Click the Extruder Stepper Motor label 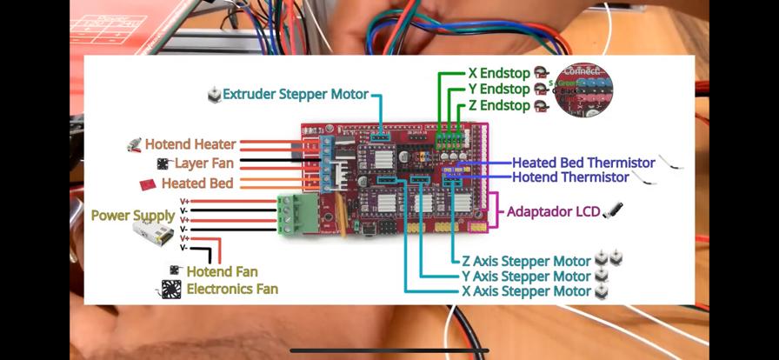click(295, 94)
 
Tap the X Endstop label click(498, 73)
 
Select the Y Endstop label click(498, 89)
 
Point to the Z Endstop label click(498, 105)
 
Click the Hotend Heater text click(190, 144)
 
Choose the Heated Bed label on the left click(196, 183)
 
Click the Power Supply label click(132, 215)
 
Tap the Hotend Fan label click(222, 272)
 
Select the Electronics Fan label click(232, 289)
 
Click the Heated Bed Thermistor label click(583, 163)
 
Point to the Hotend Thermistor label click(569, 177)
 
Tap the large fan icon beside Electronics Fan click(171, 290)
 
